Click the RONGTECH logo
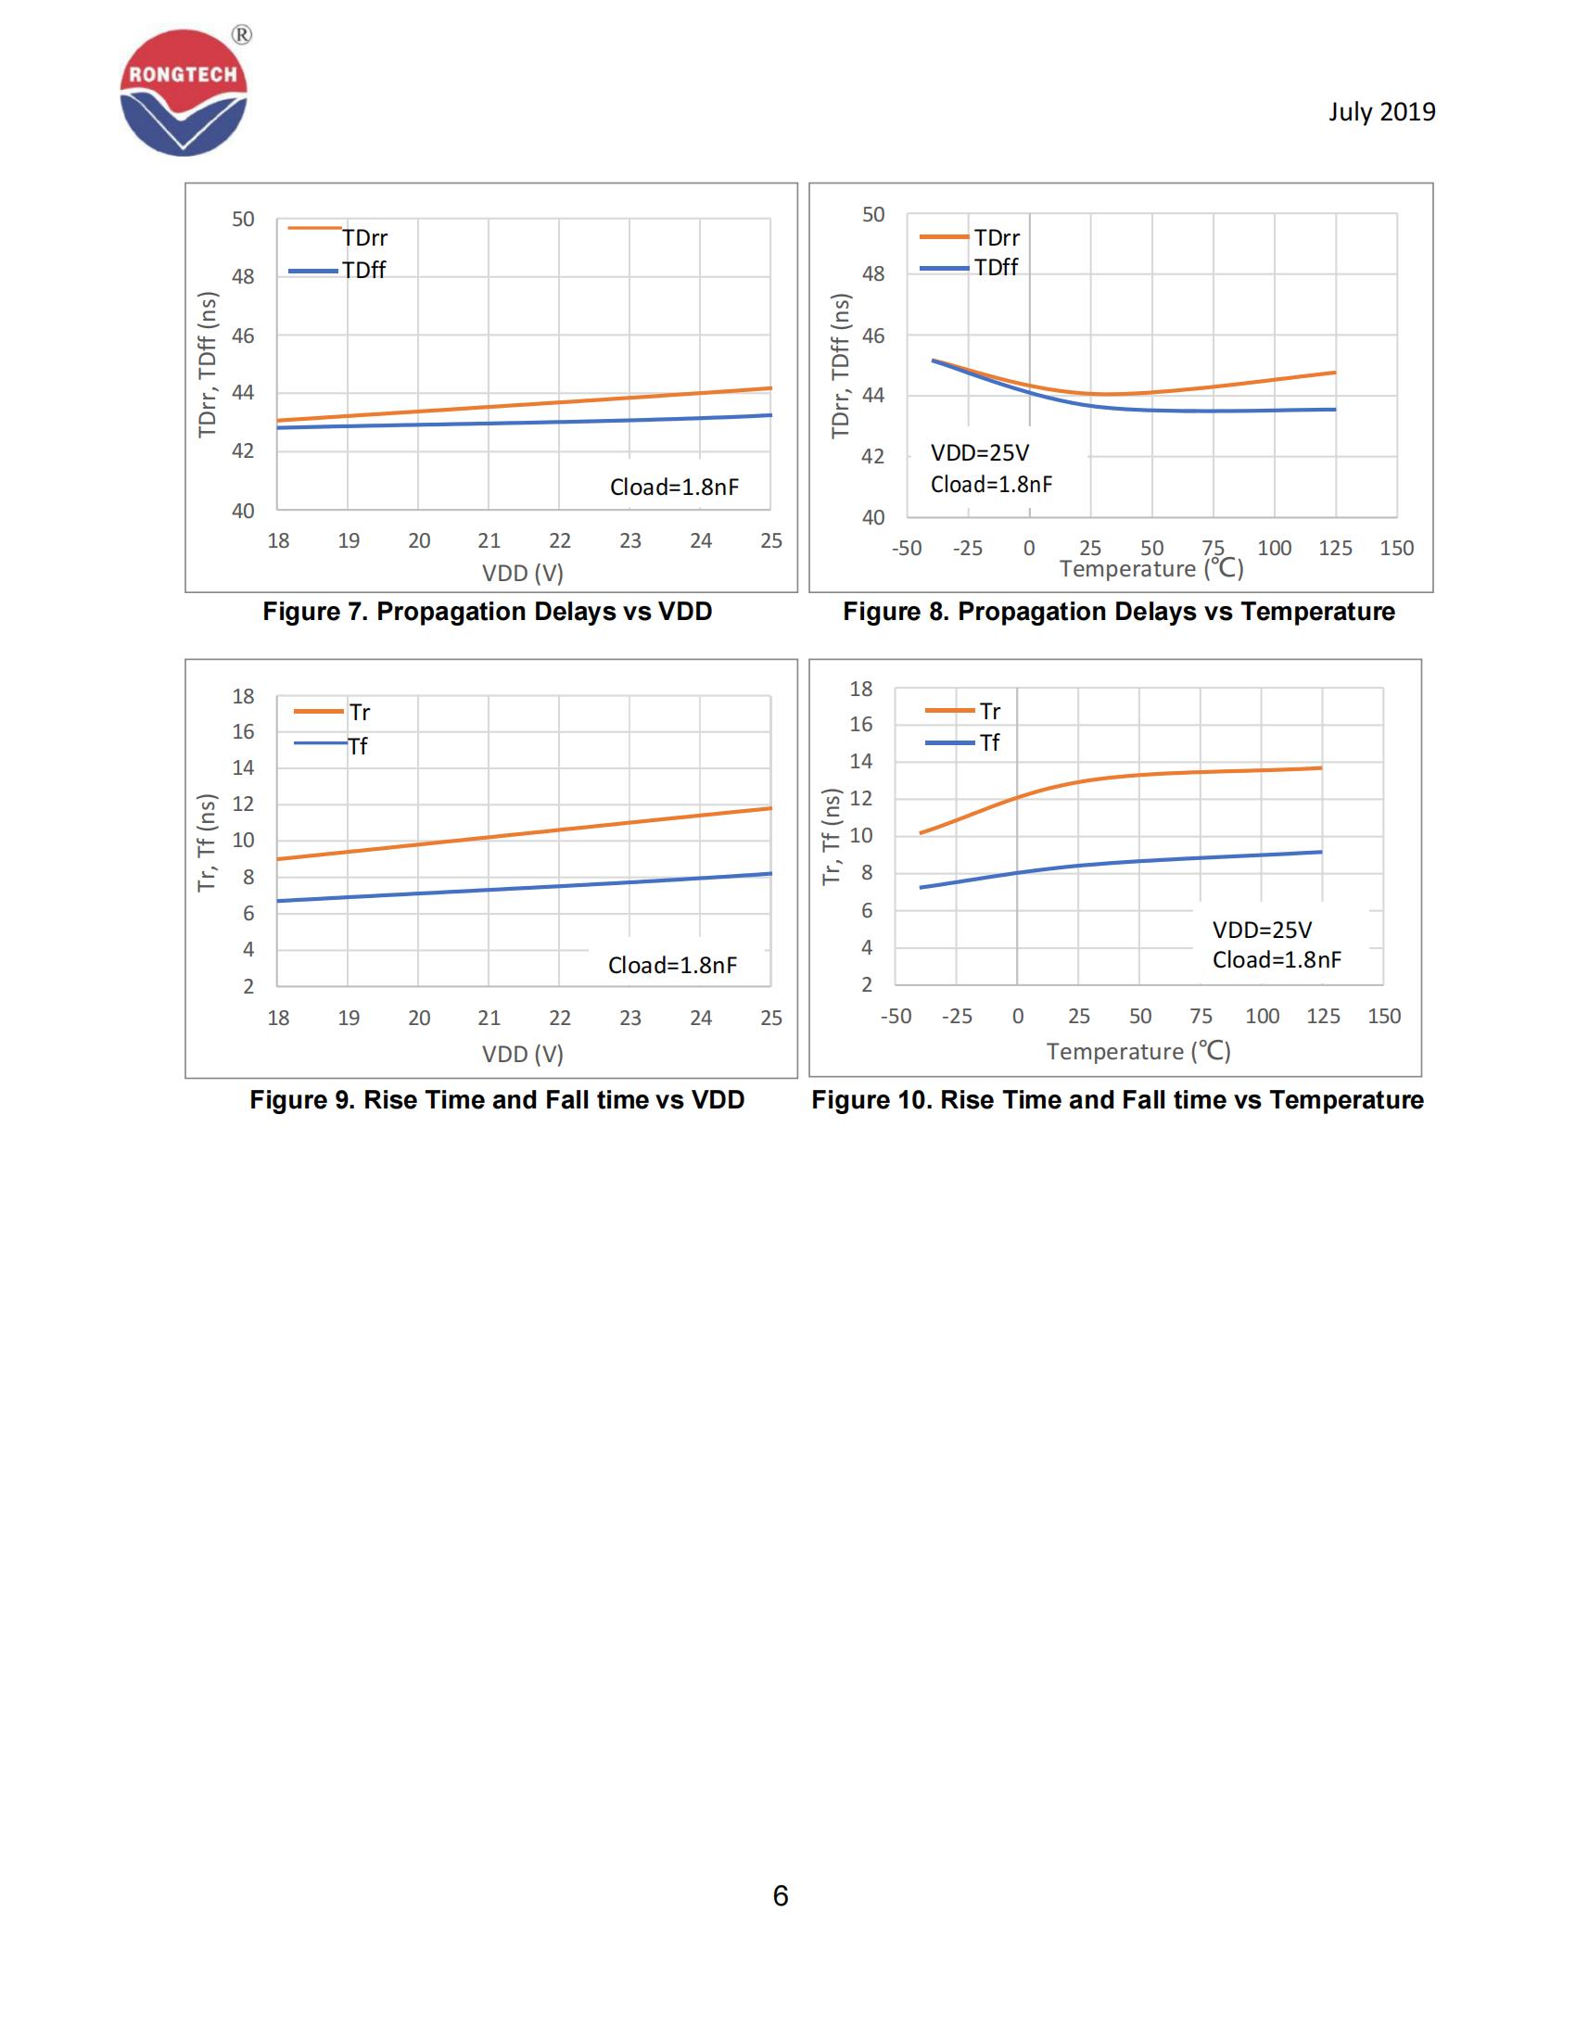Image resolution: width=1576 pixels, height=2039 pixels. click(x=184, y=93)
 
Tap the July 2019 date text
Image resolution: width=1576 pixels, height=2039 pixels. click(x=1381, y=112)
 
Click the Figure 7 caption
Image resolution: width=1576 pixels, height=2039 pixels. click(x=487, y=612)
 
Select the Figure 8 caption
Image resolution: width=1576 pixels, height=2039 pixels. click(x=1118, y=612)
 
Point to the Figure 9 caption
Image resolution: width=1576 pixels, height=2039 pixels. click(x=496, y=1100)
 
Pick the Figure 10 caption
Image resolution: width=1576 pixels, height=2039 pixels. click(x=1117, y=1100)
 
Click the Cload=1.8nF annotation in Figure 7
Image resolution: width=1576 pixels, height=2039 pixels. click(x=673, y=488)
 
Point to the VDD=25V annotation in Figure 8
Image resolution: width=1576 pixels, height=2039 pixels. click(x=979, y=453)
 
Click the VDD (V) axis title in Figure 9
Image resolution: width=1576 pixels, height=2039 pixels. click(x=522, y=1054)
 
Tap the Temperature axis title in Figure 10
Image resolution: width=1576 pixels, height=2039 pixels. click(x=1138, y=1051)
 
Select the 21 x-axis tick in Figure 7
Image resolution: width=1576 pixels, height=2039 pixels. click(x=489, y=540)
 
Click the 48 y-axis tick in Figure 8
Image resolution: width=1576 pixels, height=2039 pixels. click(x=872, y=274)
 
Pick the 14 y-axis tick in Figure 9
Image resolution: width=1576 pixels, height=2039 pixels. click(x=243, y=768)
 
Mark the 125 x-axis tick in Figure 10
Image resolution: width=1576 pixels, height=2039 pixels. click(x=1322, y=1016)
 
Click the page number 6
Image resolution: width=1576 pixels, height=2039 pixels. click(x=781, y=1895)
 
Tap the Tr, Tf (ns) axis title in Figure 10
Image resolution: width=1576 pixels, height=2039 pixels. click(x=830, y=836)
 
